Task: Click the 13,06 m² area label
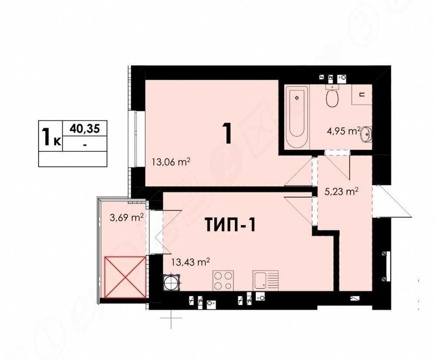[171, 162]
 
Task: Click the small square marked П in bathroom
[361, 94]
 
